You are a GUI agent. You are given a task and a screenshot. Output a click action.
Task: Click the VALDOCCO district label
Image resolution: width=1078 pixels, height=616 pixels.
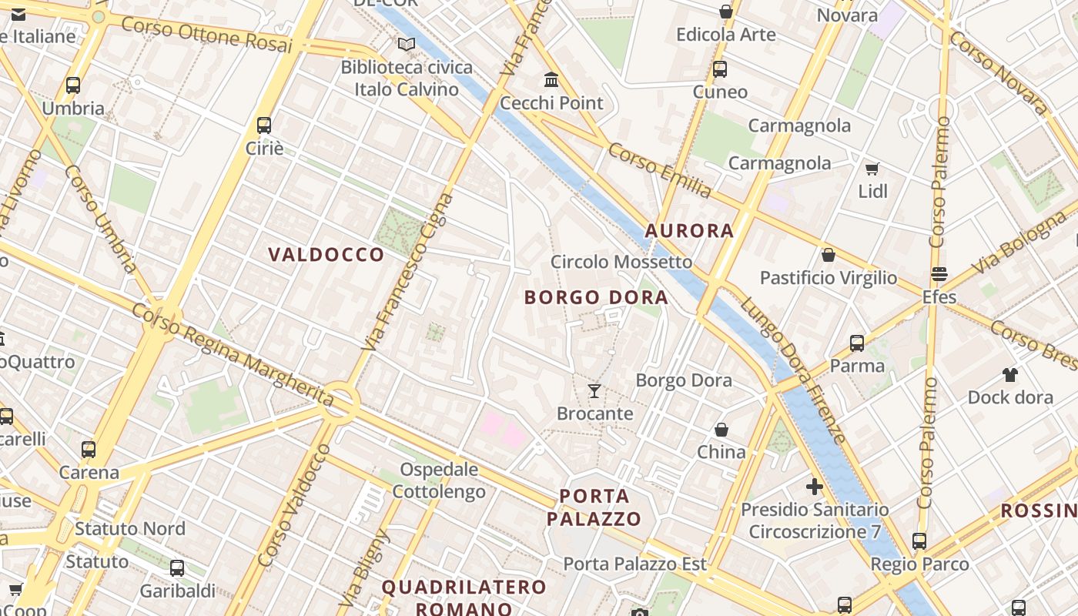click(x=326, y=255)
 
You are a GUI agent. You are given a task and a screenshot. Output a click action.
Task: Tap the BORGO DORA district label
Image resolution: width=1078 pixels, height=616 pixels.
click(x=596, y=297)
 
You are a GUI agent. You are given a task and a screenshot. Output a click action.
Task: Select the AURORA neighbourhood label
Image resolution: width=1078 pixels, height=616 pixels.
click(x=689, y=230)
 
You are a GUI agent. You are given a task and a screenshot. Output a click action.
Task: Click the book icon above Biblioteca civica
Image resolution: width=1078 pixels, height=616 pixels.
click(x=406, y=45)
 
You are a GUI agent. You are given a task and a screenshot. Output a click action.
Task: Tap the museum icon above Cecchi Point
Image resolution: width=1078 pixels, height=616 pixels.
click(x=551, y=80)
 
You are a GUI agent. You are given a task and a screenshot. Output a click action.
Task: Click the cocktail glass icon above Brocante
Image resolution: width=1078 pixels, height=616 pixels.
click(x=594, y=391)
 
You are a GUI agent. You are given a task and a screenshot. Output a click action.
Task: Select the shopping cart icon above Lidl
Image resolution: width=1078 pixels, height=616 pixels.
click(x=872, y=169)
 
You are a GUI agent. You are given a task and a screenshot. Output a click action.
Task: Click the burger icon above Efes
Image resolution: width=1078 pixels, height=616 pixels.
click(x=939, y=274)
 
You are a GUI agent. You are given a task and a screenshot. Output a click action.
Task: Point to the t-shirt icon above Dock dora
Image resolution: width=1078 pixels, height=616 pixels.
click(x=1010, y=375)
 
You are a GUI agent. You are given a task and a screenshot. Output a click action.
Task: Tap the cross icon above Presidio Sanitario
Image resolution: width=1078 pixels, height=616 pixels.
click(x=815, y=487)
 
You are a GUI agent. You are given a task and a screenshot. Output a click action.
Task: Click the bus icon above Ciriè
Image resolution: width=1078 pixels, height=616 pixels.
click(x=264, y=125)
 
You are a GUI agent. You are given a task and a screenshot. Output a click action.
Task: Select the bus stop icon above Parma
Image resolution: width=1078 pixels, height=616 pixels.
click(x=857, y=343)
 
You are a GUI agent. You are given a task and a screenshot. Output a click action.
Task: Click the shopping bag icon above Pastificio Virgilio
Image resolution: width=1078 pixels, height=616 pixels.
click(x=829, y=255)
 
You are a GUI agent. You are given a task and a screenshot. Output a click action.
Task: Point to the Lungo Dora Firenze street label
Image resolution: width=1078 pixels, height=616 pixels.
click(x=793, y=370)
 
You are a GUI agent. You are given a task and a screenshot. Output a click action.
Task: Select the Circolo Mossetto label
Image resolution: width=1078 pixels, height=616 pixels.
click(x=621, y=262)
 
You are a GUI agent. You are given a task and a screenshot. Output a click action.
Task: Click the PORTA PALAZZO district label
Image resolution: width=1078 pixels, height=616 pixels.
click(x=594, y=507)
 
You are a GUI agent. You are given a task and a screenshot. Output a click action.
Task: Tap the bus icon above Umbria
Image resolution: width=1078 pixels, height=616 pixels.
click(x=73, y=85)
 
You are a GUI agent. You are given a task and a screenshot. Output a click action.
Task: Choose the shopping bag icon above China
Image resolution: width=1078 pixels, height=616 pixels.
click(x=721, y=430)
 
